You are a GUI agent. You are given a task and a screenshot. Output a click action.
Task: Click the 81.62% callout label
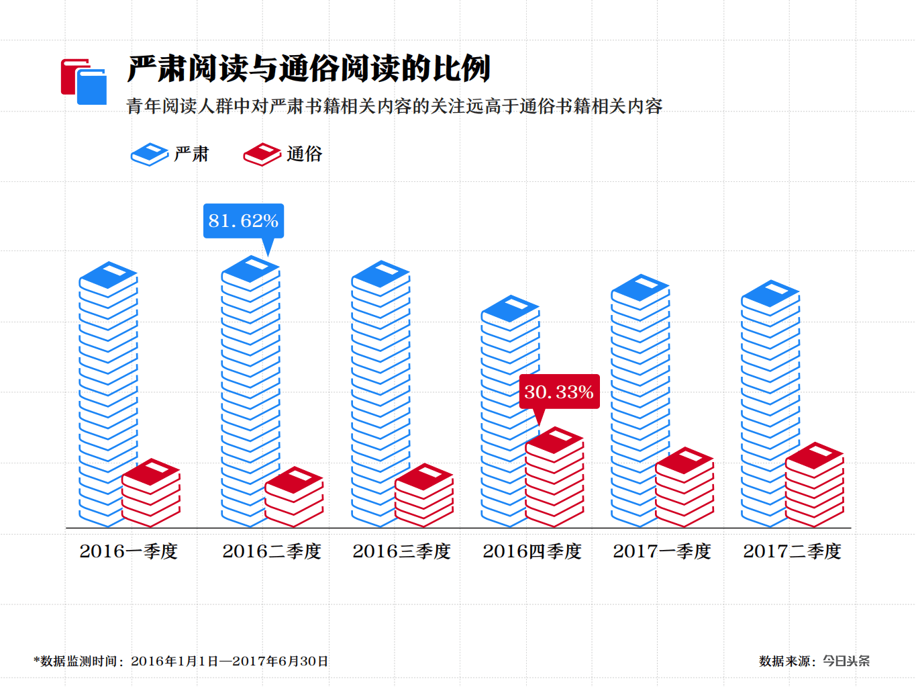click(244, 221)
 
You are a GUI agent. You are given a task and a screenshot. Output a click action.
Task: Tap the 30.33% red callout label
click(559, 392)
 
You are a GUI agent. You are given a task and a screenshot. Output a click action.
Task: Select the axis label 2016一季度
click(129, 551)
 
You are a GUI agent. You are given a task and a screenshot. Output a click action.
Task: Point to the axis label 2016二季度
click(272, 551)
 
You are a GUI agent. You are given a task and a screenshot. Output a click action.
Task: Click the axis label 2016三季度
click(402, 551)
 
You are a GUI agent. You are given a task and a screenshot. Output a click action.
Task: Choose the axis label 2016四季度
click(532, 551)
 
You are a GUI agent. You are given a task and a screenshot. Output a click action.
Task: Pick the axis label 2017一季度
click(662, 551)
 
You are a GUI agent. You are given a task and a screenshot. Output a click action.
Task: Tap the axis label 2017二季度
click(792, 551)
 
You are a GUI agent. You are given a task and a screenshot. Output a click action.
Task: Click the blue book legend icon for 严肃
click(149, 154)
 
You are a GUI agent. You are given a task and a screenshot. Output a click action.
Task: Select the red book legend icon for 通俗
click(262, 154)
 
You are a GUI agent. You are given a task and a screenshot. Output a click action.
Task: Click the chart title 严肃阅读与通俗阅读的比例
click(309, 68)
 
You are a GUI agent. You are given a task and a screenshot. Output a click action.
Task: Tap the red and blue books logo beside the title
click(84, 82)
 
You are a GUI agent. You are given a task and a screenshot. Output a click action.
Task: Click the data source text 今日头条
click(846, 661)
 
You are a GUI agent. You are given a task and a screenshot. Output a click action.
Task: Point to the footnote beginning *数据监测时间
click(181, 661)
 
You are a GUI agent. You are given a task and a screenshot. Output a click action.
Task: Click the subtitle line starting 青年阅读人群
click(395, 106)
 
